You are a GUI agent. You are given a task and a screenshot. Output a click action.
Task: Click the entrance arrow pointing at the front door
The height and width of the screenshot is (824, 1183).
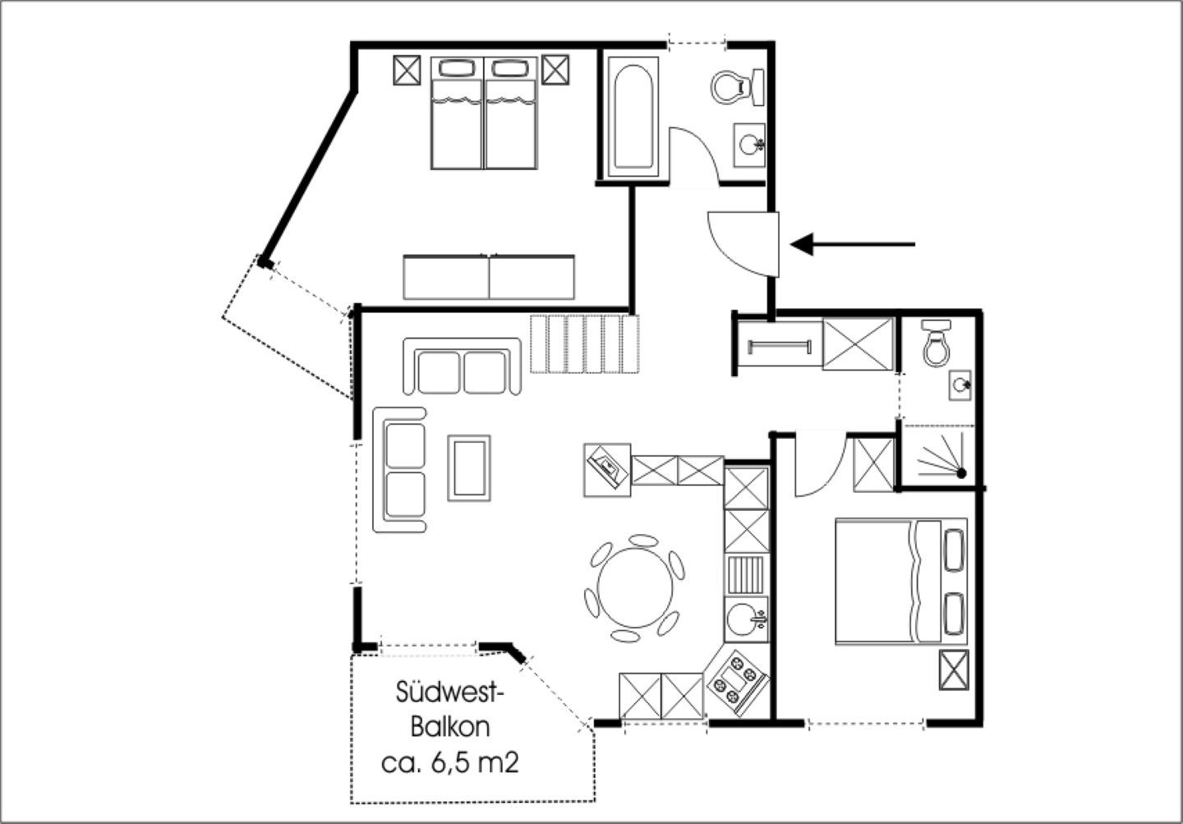coord(853,244)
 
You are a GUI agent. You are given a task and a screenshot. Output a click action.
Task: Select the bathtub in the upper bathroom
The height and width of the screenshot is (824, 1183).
coord(633,117)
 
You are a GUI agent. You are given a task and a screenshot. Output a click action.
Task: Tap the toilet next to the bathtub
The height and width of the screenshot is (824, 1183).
coord(737,87)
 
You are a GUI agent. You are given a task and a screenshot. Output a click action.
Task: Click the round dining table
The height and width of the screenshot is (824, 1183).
coord(635,587)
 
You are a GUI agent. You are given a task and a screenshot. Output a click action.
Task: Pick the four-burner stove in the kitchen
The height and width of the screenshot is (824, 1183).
coord(738,682)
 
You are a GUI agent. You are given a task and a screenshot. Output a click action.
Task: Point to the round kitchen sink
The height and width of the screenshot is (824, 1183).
coord(746,619)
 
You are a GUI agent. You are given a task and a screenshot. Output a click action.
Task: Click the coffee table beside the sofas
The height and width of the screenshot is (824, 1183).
coord(469,468)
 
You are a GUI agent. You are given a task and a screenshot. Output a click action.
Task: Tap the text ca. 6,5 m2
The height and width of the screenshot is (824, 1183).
coord(450,763)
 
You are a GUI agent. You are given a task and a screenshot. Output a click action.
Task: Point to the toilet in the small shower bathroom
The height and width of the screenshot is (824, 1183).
coord(937,343)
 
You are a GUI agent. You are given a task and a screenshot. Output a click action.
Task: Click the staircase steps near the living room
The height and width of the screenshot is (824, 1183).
coord(585,344)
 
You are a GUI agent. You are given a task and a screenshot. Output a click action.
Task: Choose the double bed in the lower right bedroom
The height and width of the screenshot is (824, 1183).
coord(901,581)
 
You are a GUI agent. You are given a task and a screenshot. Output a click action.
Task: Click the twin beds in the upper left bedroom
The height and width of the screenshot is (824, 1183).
coord(484,113)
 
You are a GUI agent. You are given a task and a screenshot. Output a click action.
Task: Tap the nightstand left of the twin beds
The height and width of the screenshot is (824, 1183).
coord(407,70)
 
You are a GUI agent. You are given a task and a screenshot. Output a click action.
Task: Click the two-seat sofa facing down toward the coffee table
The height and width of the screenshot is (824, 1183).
coord(462,366)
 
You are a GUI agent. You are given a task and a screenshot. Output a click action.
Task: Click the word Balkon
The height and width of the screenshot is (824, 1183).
coord(450,727)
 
